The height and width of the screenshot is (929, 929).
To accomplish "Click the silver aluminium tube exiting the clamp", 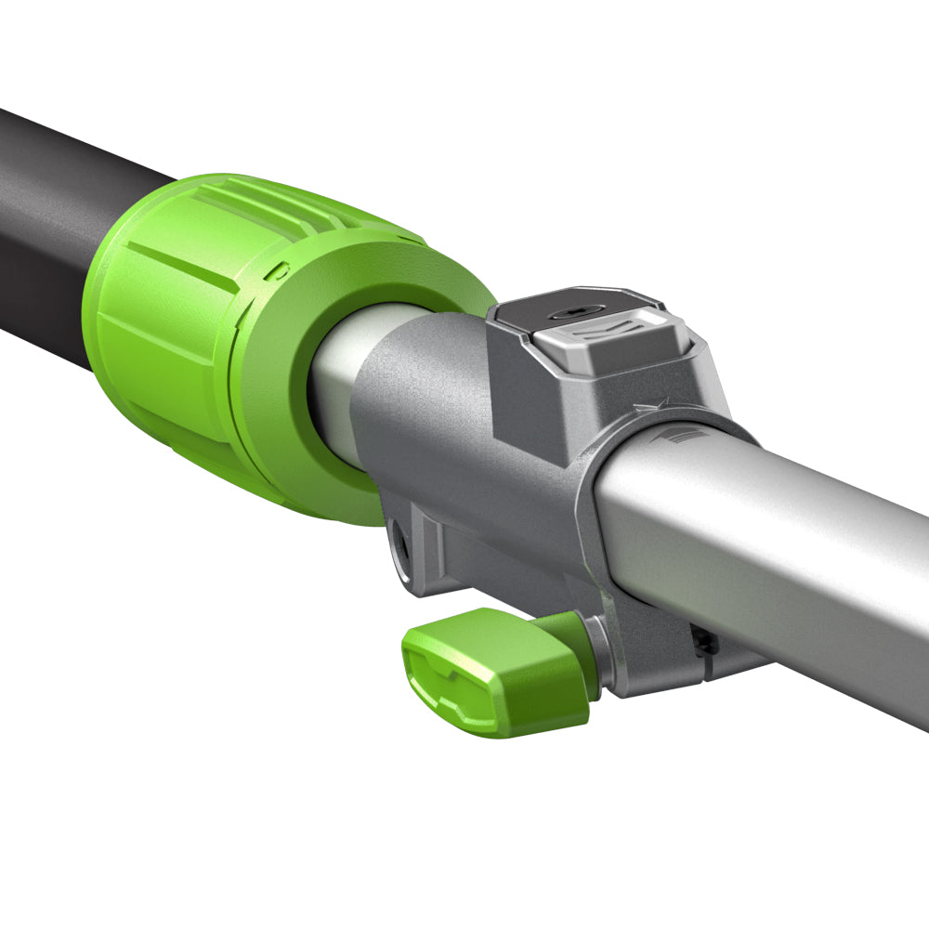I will tap(790, 557).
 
